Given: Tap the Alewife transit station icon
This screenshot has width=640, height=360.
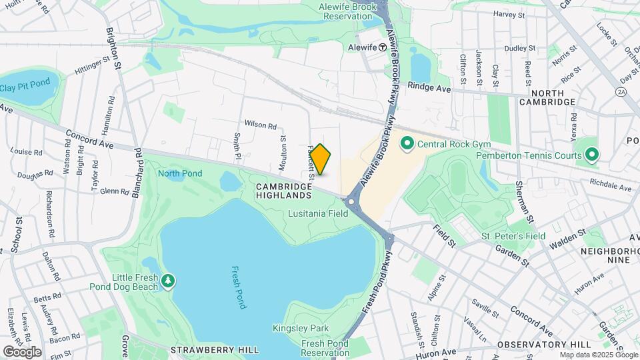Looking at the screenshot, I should [x=383, y=47].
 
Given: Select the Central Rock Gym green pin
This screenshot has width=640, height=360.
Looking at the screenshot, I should [x=407, y=143].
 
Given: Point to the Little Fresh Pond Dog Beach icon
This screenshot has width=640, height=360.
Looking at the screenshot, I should [x=169, y=282].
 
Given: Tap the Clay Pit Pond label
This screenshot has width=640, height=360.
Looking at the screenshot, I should [x=25, y=87].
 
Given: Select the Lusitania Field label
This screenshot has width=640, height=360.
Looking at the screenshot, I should [x=318, y=214].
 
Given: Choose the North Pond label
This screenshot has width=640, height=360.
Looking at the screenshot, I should [x=180, y=174].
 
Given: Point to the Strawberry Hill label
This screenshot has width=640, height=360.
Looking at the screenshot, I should [x=203, y=349].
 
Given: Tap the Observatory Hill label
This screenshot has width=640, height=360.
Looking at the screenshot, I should [x=544, y=344].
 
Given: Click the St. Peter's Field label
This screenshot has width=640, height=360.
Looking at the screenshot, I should [x=513, y=236].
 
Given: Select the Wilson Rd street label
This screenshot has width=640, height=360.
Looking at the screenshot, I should [x=260, y=125].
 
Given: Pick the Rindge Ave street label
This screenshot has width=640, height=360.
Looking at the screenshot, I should [x=429, y=87].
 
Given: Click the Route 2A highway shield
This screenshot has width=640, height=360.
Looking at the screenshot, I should [x=622, y=91].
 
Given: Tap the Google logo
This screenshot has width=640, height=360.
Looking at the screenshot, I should [x=22, y=351].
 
